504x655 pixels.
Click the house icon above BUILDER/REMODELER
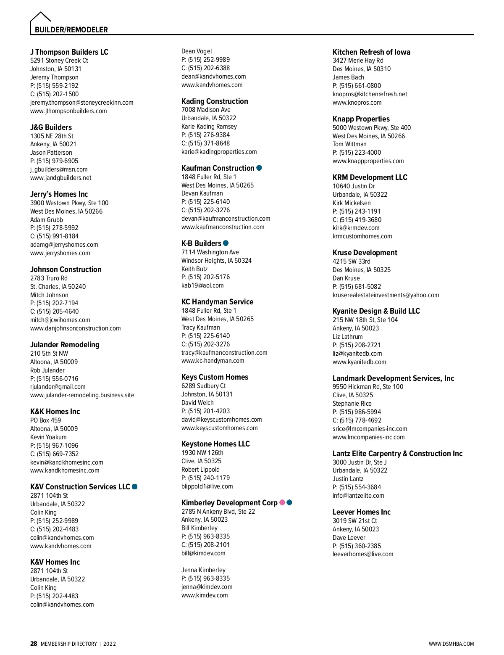pyautogui.click(x=41, y=18)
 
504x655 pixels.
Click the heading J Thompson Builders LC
pyautogui.click(x=69, y=52)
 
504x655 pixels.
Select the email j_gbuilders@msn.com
pyautogui.click(x=59, y=169)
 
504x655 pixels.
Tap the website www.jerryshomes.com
pyautogui.click(x=60, y=253)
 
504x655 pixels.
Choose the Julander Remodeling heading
pyautogui.click(x=65, y=345)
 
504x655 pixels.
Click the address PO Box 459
pyautogui.click(x=45, y=420)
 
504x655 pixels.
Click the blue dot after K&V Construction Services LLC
pyautogui.click(x=135, y=487)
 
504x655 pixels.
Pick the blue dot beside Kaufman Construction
pyautogui.click(x=259, y=168)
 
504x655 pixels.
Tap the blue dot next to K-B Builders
pyautogui.click(x=226, y=243)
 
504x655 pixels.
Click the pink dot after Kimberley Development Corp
pyautogui.click(x=282, y=503)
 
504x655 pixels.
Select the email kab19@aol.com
pyautogui.click(x=202, y=285)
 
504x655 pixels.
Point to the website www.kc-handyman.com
pyautogui.click(x=213, y=361)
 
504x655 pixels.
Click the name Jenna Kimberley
pyautogui.click(x=203, y=570)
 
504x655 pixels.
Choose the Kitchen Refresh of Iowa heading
pyautogui.click(x=371, y=52)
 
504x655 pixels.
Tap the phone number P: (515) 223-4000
pyautogui.click(x=357, y=153)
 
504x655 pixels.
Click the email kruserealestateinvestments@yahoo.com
pyautogui.click(x=386, y=295)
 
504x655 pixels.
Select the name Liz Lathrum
pyautogui.click(x=347, y=337)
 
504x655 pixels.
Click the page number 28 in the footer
pyautogui.click(x=34, y=644)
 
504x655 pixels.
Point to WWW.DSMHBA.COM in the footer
pyautogui.click(x=451, y=644)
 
